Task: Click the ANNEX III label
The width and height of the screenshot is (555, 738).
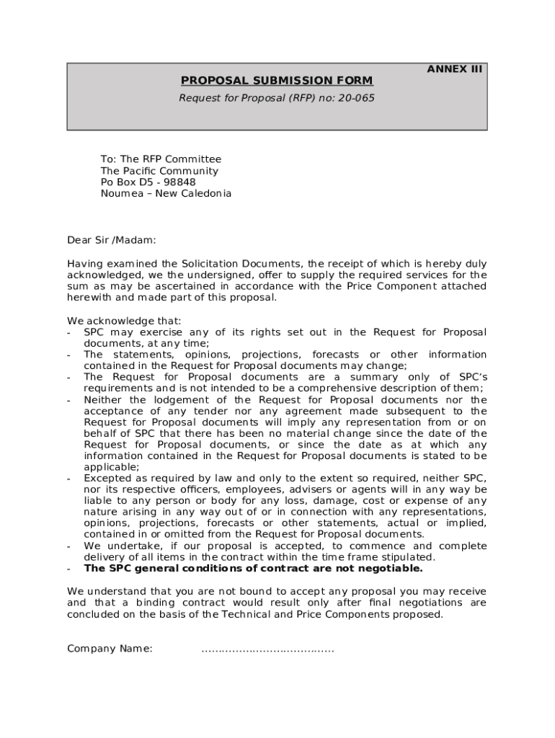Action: point(455,70)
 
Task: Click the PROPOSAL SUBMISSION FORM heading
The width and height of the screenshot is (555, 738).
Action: point(277,81)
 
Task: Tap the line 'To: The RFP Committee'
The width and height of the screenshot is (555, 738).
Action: point(161,159)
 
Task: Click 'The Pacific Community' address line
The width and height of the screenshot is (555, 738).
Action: point(159,171)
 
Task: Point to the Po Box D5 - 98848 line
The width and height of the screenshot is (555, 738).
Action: point(148,182)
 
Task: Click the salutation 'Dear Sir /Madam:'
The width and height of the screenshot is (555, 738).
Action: point(112,240)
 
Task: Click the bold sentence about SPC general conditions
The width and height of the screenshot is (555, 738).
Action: point(253,569)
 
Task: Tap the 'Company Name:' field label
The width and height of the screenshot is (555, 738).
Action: point(110,649)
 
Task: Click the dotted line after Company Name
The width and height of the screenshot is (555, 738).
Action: point(267,649)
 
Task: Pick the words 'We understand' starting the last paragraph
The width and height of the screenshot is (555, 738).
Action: point(103,592)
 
